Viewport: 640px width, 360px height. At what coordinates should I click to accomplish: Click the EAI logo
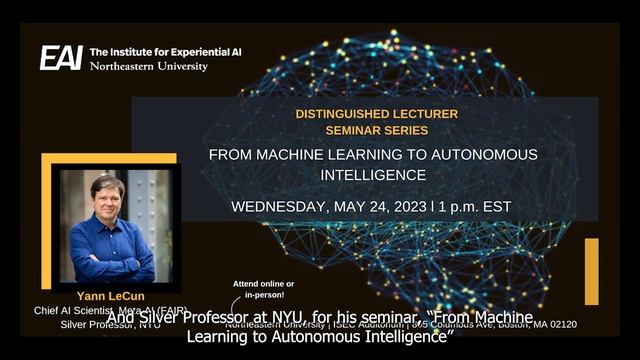tap(61, 58)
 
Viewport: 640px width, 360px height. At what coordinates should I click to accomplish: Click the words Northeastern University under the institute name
tap(149, 66)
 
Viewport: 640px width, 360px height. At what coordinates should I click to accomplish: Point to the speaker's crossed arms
tap(110, 262)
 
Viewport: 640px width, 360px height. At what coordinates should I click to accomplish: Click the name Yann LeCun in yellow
tap(108, 296)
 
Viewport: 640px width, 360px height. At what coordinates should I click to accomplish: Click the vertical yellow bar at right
tap(591, 271)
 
